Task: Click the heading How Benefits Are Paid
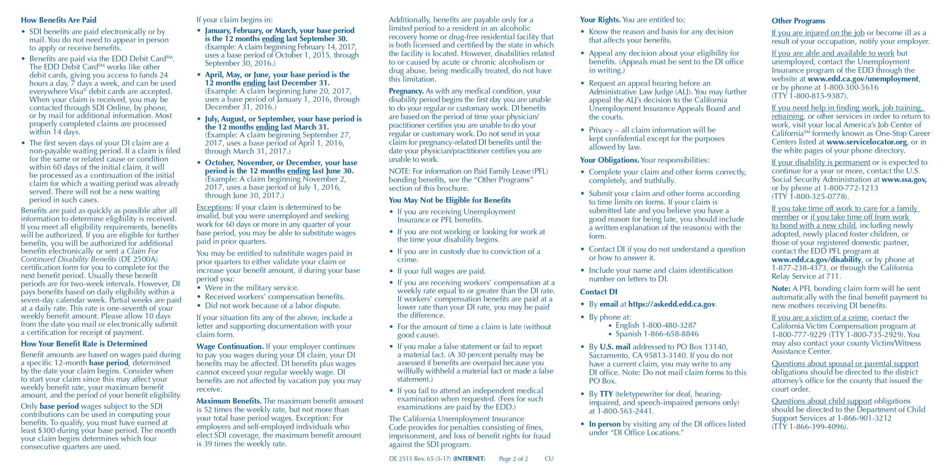click(58, 20)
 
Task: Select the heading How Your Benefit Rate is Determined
click(84, 344)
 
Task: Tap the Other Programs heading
click(798, 21)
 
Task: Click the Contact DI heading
click(598, 292)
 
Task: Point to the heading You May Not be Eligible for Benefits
click(449, 200)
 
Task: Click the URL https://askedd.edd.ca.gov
click(671, 304)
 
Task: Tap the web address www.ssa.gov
click(904, 179)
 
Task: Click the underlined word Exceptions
click(214, 207)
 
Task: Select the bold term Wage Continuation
click(230, 346)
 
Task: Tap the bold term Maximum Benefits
click(229, 401)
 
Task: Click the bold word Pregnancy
click(406, 91)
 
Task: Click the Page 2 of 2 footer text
click(513, 459)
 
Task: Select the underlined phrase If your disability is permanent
click(821, 162)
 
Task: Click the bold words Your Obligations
click(609, 160)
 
